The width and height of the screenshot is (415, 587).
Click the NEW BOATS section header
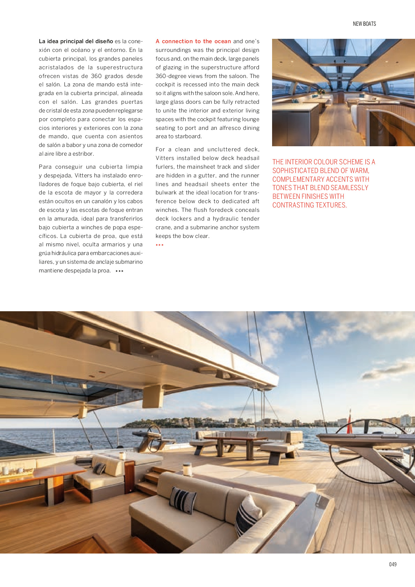pyautogui.click(x=364, y=24)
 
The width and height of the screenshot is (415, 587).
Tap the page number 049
pyautogui.click(x=393, y=564)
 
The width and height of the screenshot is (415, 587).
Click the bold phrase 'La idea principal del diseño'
pyautogui.click(x=76, y=41)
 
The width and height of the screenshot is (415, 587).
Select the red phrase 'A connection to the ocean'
pyautogui.click(x=193, y=41)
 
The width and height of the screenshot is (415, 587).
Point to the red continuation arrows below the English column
pyautogui.click(x=160, y=245)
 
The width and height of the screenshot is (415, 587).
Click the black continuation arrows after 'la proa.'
pyautogui.click(x=119, y=271)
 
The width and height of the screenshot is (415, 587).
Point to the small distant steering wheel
pyautogui.click(x=154, y=437)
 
